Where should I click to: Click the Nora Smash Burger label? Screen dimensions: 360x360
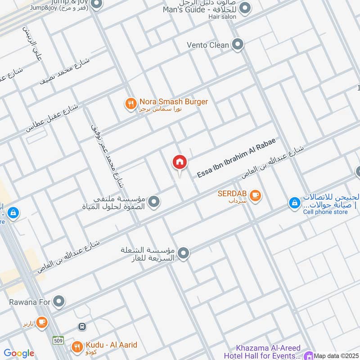click(x=173, y=102)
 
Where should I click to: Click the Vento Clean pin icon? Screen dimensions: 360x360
click(x=238, y=45)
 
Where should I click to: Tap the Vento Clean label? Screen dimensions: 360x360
click(x=208, y=45)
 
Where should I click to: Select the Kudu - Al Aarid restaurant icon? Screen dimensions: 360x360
click(x=77, y=346)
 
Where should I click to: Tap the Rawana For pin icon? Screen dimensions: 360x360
click(x=58, y=301)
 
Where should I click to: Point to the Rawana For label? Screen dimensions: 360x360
click(x=30, y=301)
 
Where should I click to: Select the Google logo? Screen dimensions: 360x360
click(x=18, y=353)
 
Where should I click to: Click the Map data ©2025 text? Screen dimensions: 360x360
click(x=336, y=356)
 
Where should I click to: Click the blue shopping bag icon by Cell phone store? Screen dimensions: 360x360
click(x=294, y=204)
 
